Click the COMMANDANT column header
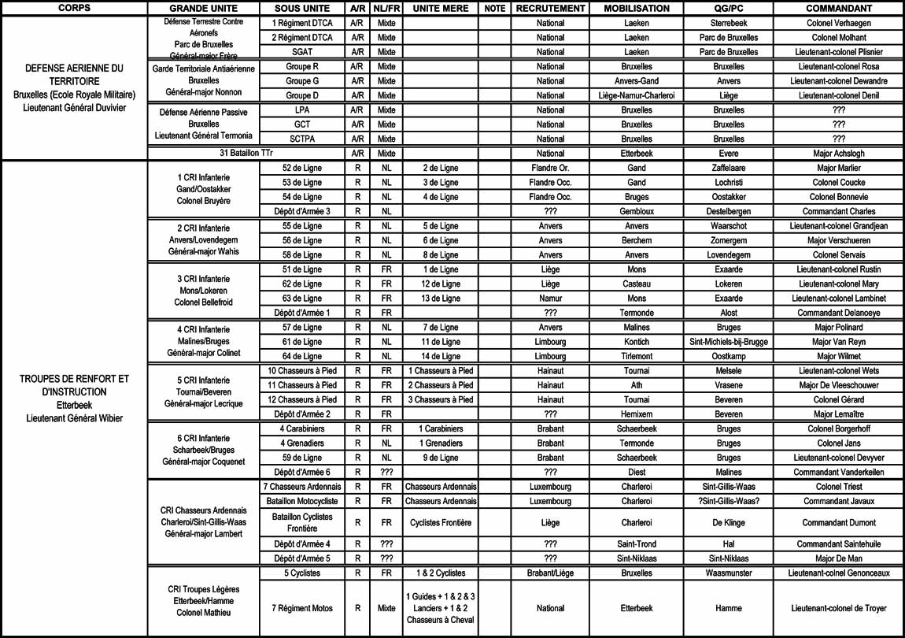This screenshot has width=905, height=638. pyautogui.click(x=838, y=9)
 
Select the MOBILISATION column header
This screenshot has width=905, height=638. pyautogui.click(x=637, y=9)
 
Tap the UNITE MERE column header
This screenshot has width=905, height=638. pyautogui.click(x=441, y=9)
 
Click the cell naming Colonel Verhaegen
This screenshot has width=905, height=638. pyautogui.click(x=838, y=24)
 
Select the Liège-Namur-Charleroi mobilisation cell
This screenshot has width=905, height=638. pyautogui.click(x=637, y=95)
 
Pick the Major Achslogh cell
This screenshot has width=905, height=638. pyautogui.click(x=838, y=154)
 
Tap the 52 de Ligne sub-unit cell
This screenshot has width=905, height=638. pyautogui.click(x=302, y=168)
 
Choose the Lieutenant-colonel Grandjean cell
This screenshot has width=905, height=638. pyautogui.click(x=838, y=226)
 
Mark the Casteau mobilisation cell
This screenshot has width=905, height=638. pyautogui.click(x=637, y=284)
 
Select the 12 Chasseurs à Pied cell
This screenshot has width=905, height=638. pyautogui.click(x=302, y=399)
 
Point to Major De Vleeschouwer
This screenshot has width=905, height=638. pyautogui.click(x=838, y=385)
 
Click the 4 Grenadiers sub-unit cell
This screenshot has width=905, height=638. pyautogui.click(x=302, y=443)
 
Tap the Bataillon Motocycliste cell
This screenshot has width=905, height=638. pyautogui.click(x=302, y=501)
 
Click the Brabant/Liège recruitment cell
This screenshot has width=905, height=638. pyautogui.click(x=551, y=573)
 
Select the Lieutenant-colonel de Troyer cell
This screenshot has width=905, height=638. pyautogui.click(x=838, y=608)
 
